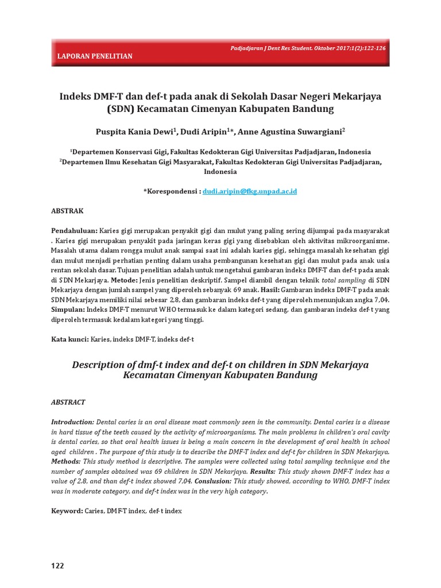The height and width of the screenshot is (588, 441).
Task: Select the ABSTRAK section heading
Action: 67,211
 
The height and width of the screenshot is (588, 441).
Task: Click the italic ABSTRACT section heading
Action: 68,402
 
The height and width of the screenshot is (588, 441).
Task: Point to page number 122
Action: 57,566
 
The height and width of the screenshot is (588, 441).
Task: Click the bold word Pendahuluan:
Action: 74,230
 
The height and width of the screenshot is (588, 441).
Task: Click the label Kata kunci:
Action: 70,339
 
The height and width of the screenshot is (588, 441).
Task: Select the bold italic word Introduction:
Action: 72,421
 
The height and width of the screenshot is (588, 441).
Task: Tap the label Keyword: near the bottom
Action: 67,510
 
